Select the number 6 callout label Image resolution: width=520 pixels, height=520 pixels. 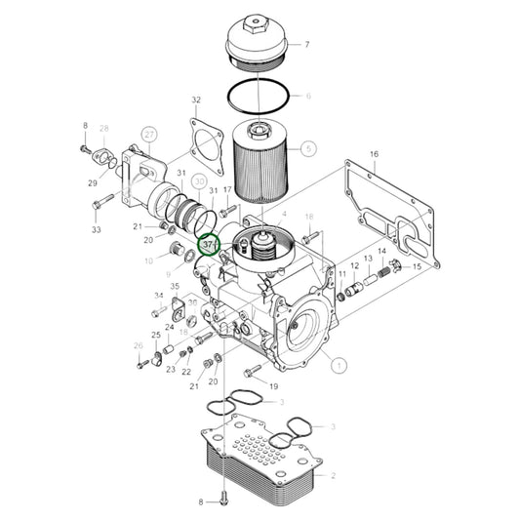pos(307,97)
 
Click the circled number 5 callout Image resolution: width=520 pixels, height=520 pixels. pos(308,149)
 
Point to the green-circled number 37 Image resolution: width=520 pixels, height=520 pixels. pos(208,244)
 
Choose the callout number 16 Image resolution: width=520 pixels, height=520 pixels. pos(374,155)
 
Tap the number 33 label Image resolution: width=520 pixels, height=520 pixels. pos(97,230)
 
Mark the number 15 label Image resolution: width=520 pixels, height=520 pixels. pos(417,267)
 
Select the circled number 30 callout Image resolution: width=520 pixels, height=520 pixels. pos(199,181)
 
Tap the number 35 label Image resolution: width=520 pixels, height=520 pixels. pos(175,287)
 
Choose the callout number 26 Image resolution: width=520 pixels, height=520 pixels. pos(138,346)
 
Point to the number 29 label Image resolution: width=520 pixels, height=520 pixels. pos(93,183)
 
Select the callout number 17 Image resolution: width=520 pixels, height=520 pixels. pos(227,190)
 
